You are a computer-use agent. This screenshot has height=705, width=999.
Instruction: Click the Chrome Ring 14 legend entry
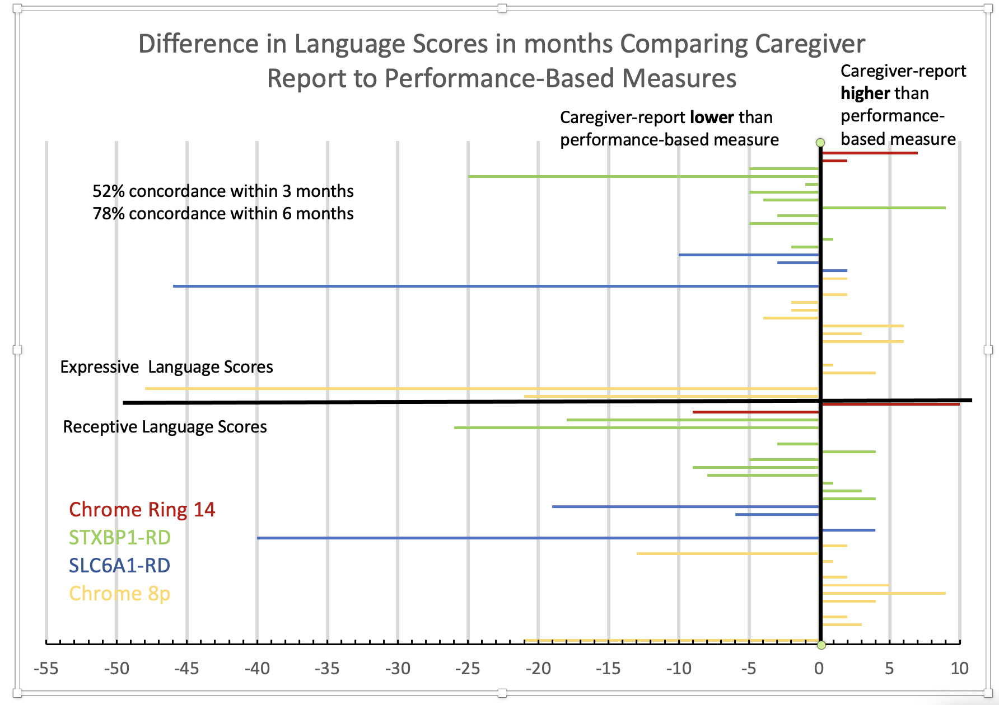142,510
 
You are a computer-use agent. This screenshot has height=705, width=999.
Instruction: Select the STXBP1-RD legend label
119,538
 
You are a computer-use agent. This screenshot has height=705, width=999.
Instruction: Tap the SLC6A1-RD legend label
119,566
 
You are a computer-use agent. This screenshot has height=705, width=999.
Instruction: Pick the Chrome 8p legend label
119,594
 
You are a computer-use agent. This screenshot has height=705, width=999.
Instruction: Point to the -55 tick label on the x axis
46,669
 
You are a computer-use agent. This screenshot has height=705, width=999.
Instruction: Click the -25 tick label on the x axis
468,669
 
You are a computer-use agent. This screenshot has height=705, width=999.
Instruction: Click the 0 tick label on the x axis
819,669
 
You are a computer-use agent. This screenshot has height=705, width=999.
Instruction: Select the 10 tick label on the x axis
959,669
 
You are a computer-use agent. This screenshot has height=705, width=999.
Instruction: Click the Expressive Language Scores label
166,367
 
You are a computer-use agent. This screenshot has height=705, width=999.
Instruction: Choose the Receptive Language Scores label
165,427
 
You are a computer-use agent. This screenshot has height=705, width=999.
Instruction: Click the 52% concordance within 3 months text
223,191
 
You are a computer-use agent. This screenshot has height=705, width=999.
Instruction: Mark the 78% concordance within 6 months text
223,214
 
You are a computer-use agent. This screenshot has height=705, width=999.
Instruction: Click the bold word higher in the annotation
865,93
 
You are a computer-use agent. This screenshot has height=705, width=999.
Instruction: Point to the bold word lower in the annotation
712,117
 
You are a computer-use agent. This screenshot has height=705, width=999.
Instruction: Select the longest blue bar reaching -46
496,286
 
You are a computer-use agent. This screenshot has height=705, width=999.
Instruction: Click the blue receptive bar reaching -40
538,538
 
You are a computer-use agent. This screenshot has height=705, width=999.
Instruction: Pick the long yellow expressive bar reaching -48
482,388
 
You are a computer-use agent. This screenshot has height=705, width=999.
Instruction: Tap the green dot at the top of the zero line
820,143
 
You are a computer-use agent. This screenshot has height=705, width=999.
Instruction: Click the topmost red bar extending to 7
869,153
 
